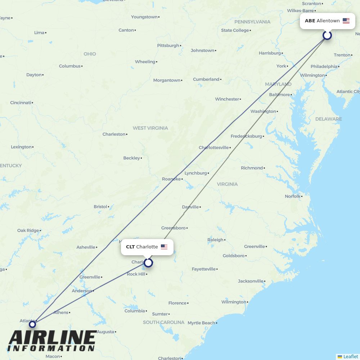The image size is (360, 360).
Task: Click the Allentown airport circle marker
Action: [327, 35]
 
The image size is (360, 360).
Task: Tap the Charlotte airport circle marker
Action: [148, 263]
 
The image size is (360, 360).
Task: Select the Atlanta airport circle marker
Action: [32, 324]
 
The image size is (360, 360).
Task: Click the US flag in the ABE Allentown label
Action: [346, 21]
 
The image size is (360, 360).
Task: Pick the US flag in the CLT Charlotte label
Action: [164, 247]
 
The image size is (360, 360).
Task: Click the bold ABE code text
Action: [310, 21]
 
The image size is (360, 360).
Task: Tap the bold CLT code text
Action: [130, 247]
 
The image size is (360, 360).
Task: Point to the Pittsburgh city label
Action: [168, 46]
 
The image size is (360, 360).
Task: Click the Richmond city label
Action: [252, 168]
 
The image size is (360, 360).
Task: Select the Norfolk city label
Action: [293, 196]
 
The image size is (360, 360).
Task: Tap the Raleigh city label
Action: [215, 240]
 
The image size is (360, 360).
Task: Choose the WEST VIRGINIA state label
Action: [150, 128]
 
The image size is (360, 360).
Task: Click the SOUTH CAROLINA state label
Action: [163, 323]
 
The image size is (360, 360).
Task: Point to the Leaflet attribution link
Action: [350, 356]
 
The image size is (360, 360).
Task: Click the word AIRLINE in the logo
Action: [52, 338]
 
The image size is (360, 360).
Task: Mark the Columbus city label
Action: [70, 66]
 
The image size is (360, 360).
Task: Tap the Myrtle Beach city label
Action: [201, 323]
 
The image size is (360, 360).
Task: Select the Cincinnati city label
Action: [21, 103]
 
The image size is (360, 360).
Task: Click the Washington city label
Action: [263, 112]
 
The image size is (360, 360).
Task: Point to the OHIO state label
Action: [90, 54]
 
